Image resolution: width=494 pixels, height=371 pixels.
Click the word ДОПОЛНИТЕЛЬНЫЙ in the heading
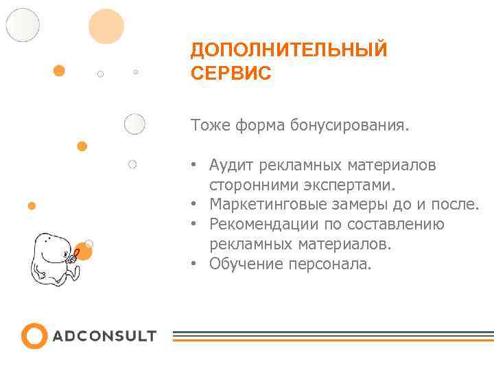coord(289,50)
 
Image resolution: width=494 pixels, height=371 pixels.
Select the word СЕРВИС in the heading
coord(231,73)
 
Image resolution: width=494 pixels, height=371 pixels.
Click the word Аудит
coord(231,166)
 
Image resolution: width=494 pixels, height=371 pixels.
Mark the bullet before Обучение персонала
coord(195,264)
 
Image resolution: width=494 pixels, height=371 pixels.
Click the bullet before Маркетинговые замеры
coord(195,205)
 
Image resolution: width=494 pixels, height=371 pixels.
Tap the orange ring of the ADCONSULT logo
coord(34,336)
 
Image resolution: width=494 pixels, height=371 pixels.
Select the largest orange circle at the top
coord(106,27)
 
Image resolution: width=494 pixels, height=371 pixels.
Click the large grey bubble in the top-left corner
coord(23,25)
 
